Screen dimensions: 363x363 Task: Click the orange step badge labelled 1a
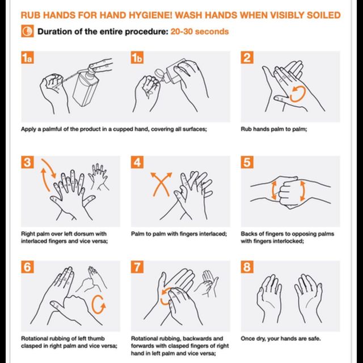tap(27, 57)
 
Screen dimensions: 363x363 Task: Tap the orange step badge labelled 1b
tap(137, 57)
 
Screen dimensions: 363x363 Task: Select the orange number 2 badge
tap(247, 57)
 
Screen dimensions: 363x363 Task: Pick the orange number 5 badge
tap(247, 162)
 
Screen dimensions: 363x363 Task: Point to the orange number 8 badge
tap(247, 267)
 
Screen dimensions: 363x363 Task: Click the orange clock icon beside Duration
tap(27, 31)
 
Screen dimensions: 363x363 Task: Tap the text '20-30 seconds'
tap(200, 32)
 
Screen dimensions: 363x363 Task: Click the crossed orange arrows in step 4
tap(161, 184)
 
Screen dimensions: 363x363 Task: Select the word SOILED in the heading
tap(324, 15)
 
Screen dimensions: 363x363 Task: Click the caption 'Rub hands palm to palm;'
tap(274, 129)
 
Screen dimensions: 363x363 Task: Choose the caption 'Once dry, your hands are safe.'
tap(281, 339)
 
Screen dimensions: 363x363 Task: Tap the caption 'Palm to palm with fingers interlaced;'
tap(179, 234)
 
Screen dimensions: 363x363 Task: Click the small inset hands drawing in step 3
tap(98, 176)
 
